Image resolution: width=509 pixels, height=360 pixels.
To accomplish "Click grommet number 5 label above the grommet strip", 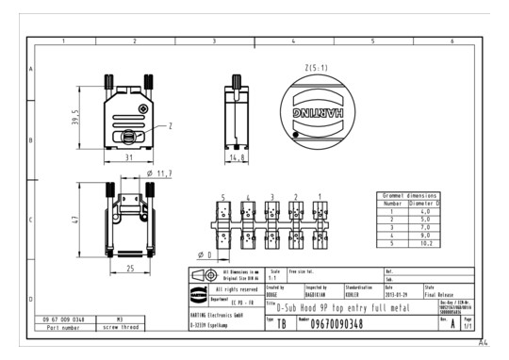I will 222,198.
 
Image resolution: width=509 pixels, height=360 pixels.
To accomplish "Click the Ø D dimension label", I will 205,254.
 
